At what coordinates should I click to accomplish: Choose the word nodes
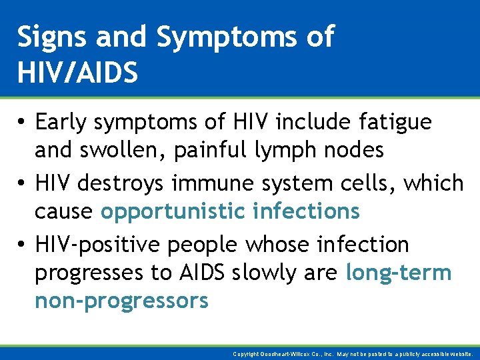click(x=356, y=151)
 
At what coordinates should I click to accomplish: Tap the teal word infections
click(x=306, y=211)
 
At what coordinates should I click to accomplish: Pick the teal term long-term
click(x=399, y=273)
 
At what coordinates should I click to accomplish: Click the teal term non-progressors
click(x=121, y=301)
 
